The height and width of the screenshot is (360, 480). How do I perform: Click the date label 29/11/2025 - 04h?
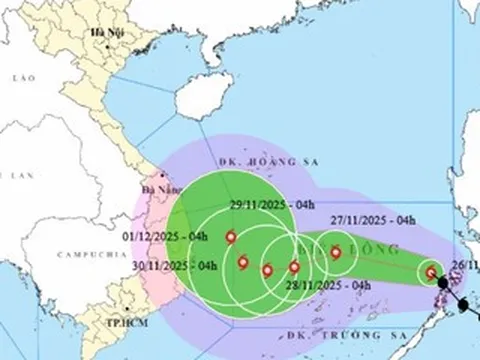pyautogui.click(x=264, y=203)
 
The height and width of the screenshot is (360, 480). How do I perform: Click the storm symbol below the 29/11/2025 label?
pyautogui.click(x=231, y=238)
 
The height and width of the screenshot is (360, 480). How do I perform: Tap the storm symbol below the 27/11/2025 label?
pyautogui.click(x=336, y=252)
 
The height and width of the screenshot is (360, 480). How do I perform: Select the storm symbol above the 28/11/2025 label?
pyautogui.click(x=294, y=266)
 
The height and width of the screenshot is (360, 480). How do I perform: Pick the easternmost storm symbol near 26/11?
pyautogui.click(x=430, y=272)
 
